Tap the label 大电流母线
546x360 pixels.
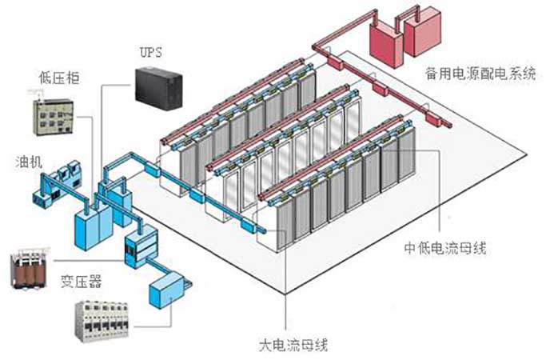(x=294, y=346)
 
